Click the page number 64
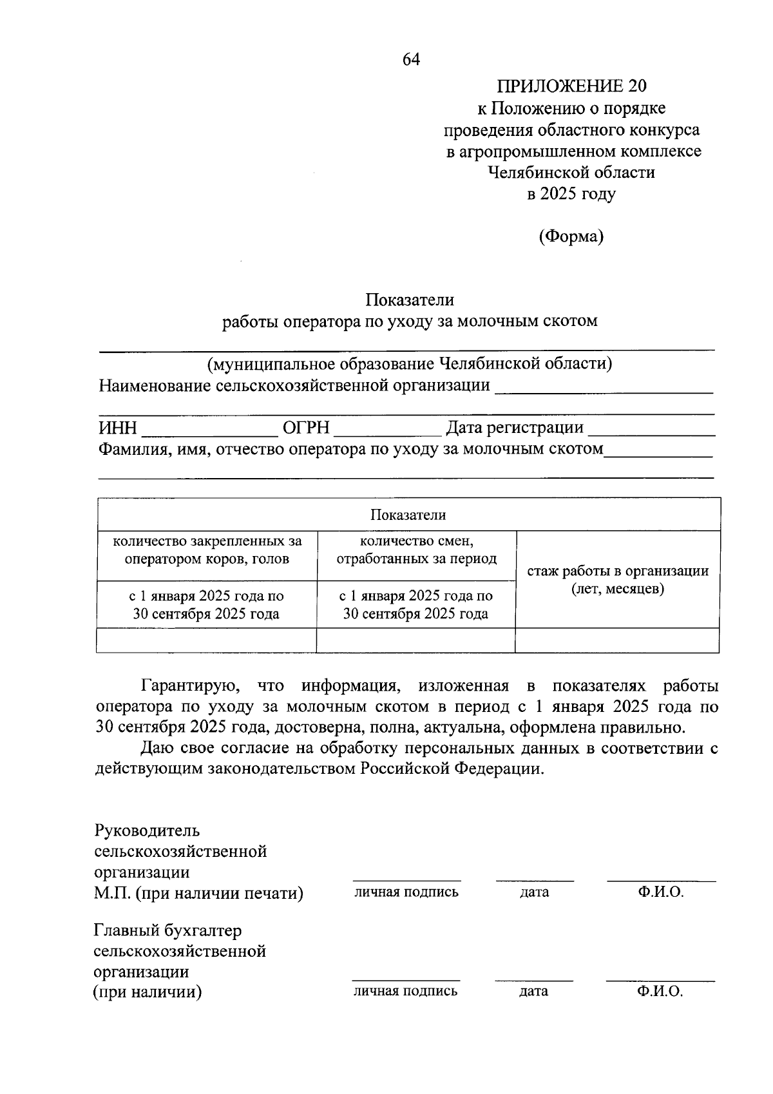(x=411, y=60)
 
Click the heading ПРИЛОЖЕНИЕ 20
(x=571, y=86)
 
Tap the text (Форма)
(x=571, y=236)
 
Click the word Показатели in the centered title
(x=410, y=300)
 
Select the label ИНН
(x=117, y=428)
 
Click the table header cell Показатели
(x=408, y=515)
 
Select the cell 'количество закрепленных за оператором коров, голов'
(x=207, y=550)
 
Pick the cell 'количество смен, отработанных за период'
(x=416, y=550)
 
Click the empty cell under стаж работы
(x=617, y=640)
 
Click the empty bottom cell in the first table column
(x=206, y=640)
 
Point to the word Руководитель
(x=147, y=830)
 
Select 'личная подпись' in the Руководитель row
(x=406, y=892)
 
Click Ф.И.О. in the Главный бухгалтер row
(x=660, y=992)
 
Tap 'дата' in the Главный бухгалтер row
(x=533, y=992)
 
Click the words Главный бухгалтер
(x=167, y=931)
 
